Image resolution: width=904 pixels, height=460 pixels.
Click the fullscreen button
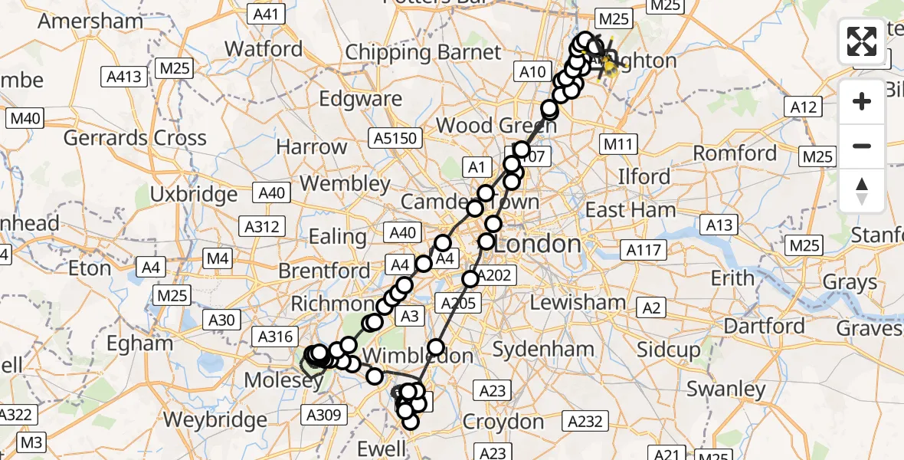[x=862, y=41]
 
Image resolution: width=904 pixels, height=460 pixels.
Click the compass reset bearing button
[x=862, y=190]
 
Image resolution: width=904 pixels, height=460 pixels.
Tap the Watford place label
[x=263, y=48]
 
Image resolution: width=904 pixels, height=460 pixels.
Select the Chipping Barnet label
[x=423, y=52]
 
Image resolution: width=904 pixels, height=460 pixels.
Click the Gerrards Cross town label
[x=135, y=138]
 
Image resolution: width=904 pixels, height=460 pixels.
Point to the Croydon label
[x=503, y=422]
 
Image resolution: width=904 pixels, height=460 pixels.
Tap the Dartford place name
[x=764, y=326]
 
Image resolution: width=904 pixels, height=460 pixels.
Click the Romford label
[x=735, y=153]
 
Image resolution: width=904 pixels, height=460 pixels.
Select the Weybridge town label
[x=215, y=419]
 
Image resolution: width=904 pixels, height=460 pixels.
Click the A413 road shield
[x=123, y=76]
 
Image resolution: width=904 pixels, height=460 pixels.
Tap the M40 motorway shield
[x=25, y=119]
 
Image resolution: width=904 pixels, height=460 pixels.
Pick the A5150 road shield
[x=395, y=138]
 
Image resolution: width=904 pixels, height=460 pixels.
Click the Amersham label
[x=90, y=21]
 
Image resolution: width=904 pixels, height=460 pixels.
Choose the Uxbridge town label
[x=193, y=194]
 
